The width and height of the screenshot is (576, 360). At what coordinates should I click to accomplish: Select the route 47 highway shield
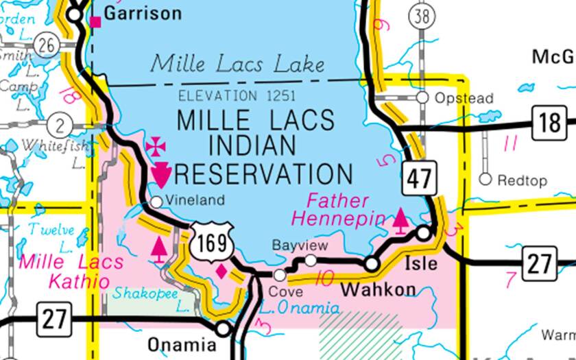click(x=420, y=178)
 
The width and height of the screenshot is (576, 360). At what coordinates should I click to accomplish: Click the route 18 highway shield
click(x=551, y=124)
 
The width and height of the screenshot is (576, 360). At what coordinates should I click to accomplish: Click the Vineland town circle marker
click(x=156, y=202)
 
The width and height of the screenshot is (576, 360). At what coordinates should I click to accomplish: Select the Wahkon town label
click(x=378, y=289)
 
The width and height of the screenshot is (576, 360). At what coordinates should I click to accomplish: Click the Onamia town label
click(x=177, y=344)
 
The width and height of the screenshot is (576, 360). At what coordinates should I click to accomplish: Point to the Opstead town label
click(x=464, y=99)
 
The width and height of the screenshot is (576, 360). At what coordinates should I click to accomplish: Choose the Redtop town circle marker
click(x=485, y=180)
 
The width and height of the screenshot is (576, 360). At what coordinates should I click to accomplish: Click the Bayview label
click(x=300, y=245)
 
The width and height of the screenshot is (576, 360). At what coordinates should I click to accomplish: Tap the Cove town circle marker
click(x=280, y=275)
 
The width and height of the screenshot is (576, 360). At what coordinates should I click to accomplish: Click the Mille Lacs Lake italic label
click(x=237, y=64)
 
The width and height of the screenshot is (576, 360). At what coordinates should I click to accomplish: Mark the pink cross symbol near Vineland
click(x=156, y=145)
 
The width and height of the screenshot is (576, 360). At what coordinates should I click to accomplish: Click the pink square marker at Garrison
click(x=96, y=22)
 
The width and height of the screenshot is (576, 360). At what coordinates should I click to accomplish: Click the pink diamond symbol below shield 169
click(x=221, y=272)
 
